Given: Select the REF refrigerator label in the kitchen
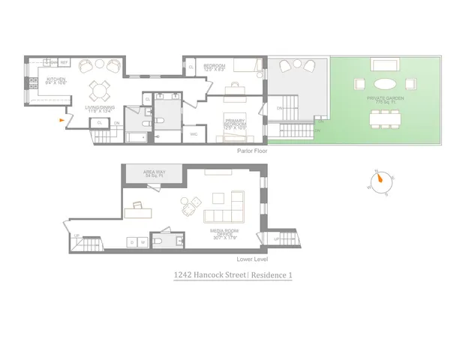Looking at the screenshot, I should click(x=64, y=62).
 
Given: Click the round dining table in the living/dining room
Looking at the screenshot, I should click(x=98, y=90).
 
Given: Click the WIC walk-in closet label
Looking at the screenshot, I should click(x=194, y=135).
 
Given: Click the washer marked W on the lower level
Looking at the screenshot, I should click(x=142, y=242).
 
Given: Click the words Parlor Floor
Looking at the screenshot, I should click(x=251, y=150).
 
